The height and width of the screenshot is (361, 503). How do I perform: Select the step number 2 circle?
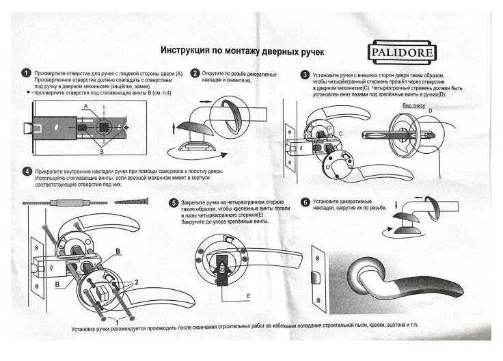[x=195, y=73]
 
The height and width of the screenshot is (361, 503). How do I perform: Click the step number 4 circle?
[x=26, y=171]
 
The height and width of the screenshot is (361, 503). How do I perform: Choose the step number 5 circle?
[x=174, y=203]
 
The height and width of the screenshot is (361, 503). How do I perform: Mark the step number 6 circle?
[x=304, y=202]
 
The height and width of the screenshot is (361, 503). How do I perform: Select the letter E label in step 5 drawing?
[x=247, y=295]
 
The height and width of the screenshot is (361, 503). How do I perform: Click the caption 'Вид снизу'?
[x=413, y=107]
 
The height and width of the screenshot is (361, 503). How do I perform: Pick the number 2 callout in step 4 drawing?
[x=136, y=282]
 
